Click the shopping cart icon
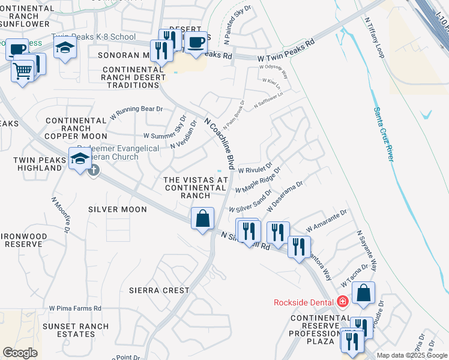(22, 71)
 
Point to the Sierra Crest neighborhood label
(159, 290)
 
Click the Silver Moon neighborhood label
(117, 209)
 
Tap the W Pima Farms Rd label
(75, 308)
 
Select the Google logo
(20, 353)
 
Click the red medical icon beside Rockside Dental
(342, 301)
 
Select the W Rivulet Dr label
(255, 166)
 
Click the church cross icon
(93, 170)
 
